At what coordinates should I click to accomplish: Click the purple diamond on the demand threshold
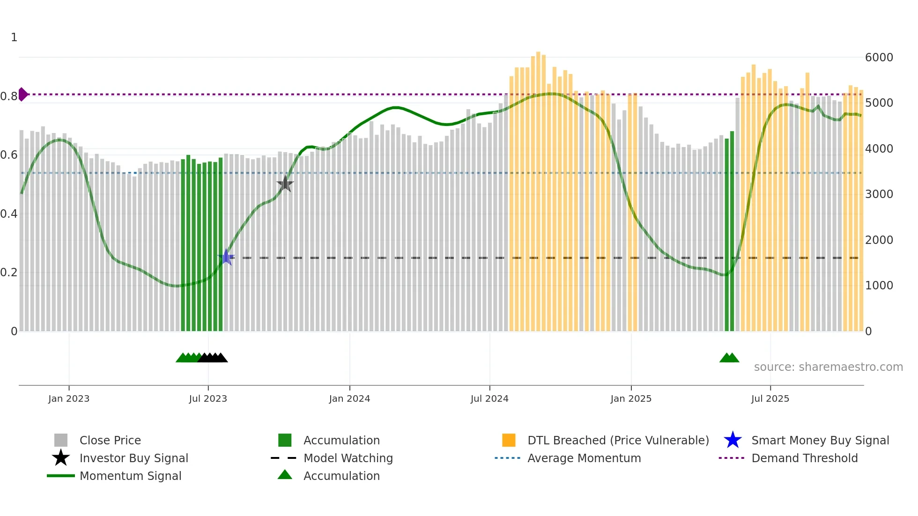point(22,94)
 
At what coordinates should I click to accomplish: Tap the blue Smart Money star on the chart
point(226,257)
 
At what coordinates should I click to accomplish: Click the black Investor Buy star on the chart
point(285,184)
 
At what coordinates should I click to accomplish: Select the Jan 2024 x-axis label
point(349,398)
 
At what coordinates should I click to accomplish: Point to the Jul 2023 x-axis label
point(208,398)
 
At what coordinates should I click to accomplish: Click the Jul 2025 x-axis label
point(770,398)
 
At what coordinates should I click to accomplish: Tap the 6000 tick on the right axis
point(879,57)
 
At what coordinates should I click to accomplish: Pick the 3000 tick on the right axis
point(879,194)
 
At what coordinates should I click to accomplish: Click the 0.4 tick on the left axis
point(9,214)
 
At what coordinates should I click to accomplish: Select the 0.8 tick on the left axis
point(9,96)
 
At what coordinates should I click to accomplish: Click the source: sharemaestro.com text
point(828,367)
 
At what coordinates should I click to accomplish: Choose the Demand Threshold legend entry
point(804,458)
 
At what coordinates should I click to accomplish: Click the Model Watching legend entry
point(348,458)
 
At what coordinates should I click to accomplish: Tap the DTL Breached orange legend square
point(509,440)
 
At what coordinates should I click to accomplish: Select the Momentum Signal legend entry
point(130,476)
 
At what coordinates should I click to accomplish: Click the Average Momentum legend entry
point(584,458)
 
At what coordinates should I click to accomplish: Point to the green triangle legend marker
point(285,475)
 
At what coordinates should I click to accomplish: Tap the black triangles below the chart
point(213,358)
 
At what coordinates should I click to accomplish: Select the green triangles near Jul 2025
point(729,358)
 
